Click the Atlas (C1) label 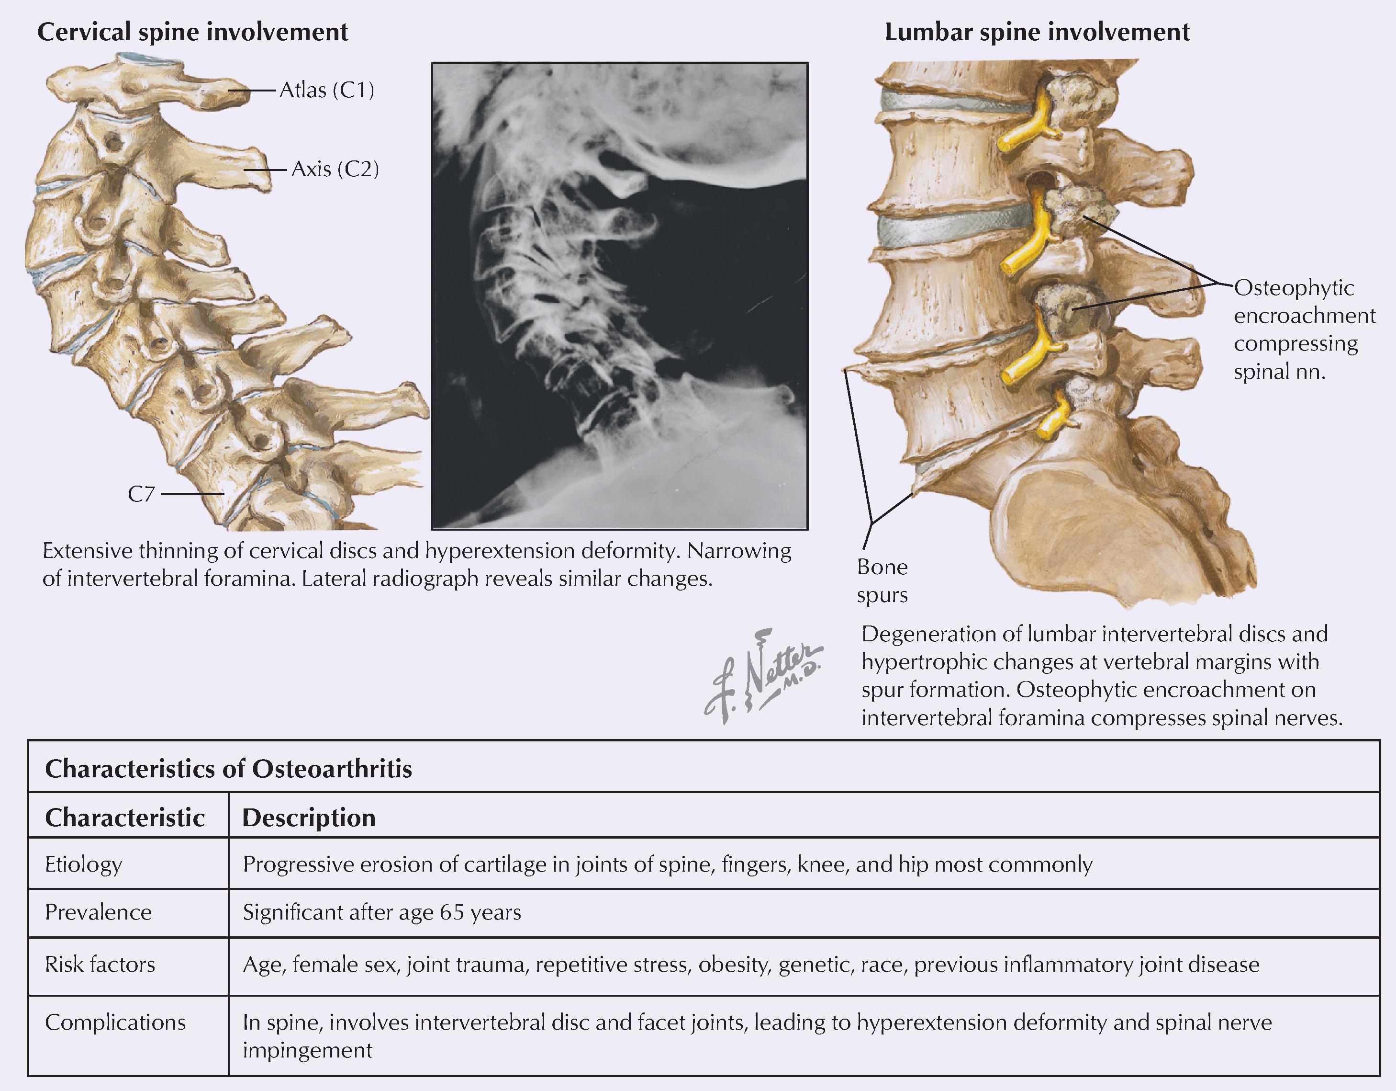pos(327,90)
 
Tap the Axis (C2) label pos(335,170)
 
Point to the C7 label pos(141,494)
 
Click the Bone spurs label pos(882,580)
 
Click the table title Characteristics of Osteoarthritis pos(228,768)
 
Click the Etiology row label pos(83,864)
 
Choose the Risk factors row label pos(100,965)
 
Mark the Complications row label pos(115,1023)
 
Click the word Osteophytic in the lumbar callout pos(1294,288)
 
